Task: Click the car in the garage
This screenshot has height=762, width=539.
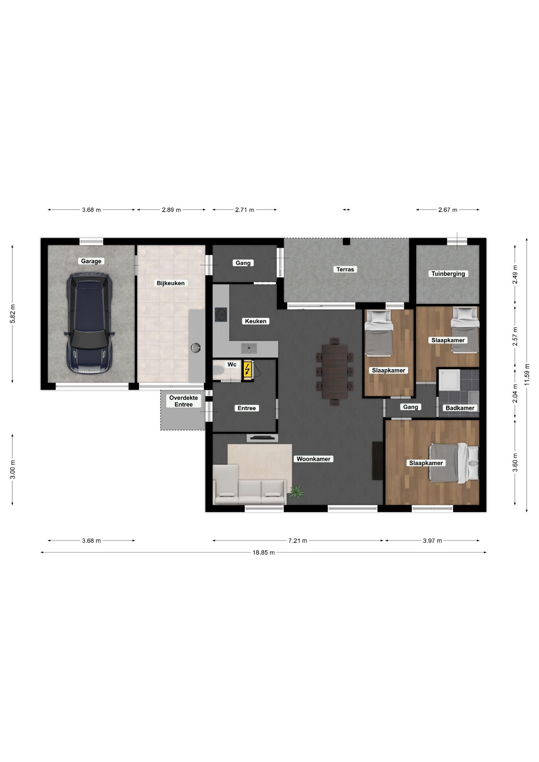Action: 90,323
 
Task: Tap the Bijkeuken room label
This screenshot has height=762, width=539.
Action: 171,283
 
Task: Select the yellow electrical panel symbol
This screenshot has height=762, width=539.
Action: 247,370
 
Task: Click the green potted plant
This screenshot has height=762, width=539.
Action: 296,492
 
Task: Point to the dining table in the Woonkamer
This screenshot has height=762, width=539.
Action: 335,371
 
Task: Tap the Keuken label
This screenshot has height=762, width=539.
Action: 256,321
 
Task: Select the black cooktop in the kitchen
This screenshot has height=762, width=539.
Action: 221,315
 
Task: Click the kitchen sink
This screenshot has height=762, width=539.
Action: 249,349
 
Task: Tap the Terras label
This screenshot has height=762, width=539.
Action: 345,269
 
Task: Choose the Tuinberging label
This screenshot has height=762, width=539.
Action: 448,273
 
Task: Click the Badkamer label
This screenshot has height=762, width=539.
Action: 460,408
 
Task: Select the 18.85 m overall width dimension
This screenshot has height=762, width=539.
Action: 264,552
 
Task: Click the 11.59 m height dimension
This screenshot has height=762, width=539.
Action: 527,375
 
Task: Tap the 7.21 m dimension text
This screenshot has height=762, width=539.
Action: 298,541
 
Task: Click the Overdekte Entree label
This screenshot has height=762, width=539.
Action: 184,401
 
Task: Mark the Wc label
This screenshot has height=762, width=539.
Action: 232,364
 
